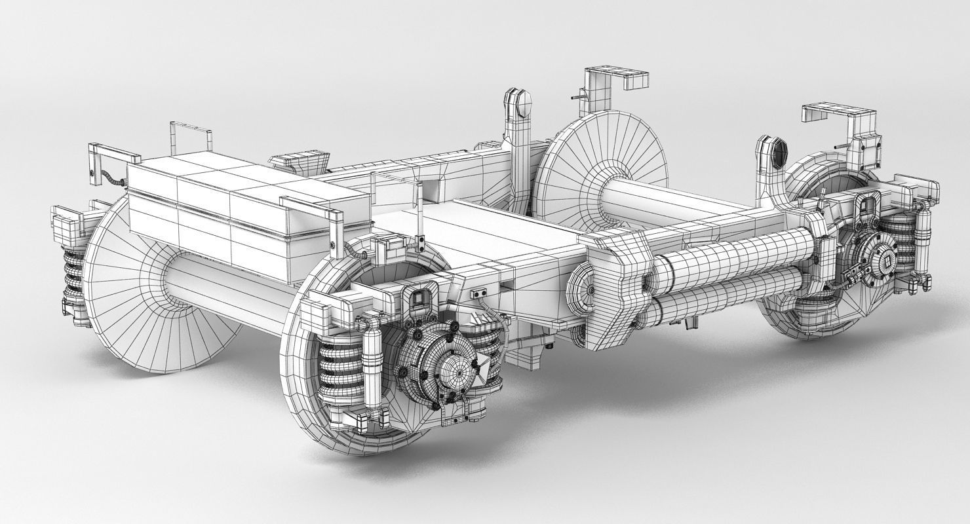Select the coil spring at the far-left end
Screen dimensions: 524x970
point(74,275)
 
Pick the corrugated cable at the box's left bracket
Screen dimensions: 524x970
point(111,177)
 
